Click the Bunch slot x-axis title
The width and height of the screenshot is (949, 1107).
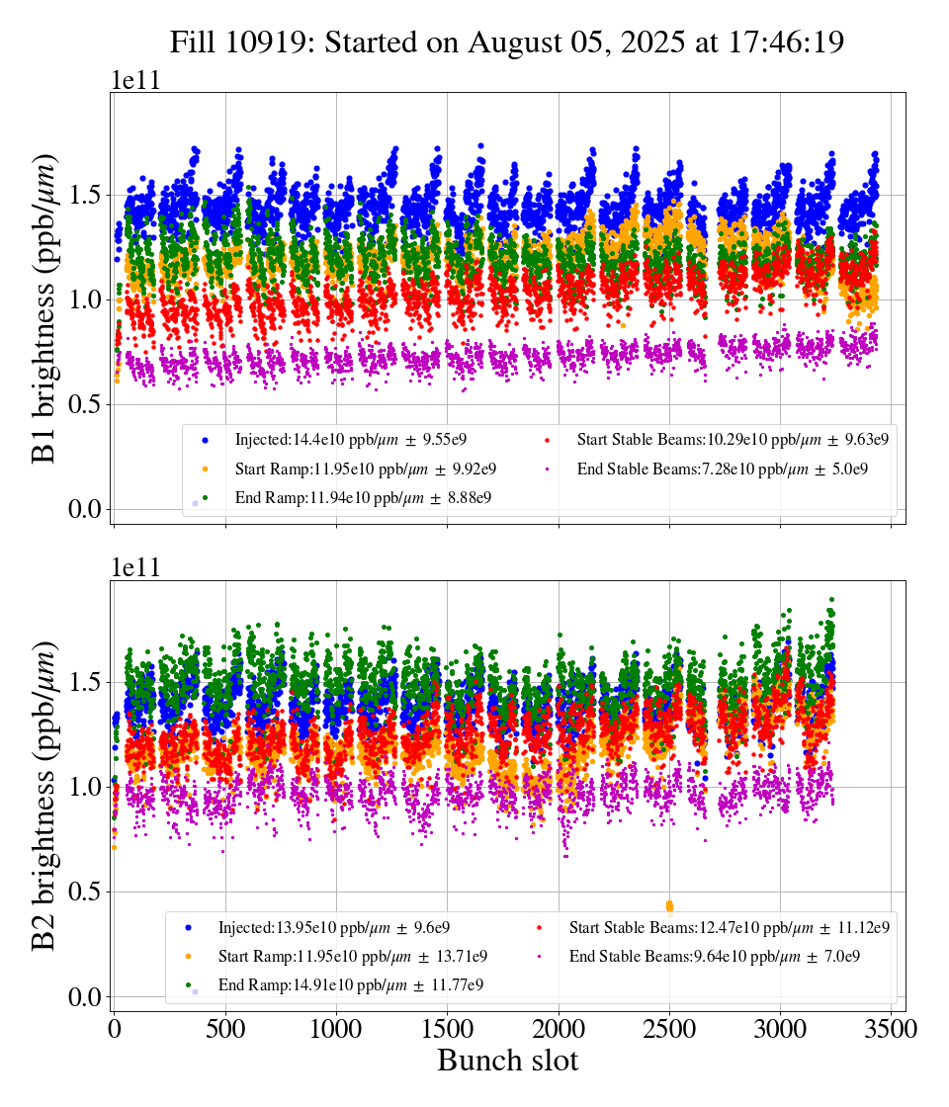507,1061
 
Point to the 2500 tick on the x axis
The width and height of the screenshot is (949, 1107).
669,1029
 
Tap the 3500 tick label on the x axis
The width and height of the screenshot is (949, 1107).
892,1029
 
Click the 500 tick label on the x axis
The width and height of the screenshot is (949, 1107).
225,1029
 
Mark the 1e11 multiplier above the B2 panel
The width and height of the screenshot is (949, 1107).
134,567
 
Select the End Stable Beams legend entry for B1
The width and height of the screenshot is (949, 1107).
722,468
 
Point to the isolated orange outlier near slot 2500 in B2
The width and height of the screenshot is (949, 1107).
669,905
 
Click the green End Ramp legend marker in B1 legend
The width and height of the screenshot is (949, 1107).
205,497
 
